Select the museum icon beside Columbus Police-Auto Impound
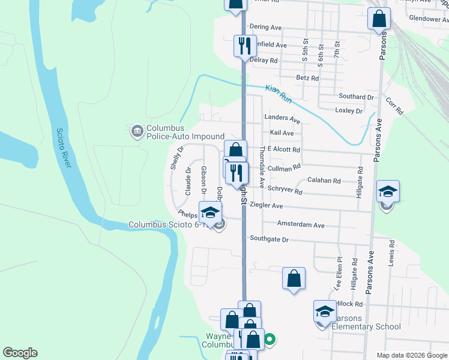click(x=136, y=130)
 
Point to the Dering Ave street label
click(x=265, y=27)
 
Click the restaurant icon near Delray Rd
click(x=244, y=46)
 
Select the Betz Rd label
click(x=307, y=78)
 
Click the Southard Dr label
click(x=356, y=97)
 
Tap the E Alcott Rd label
click(x=283, y=149)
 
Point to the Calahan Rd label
click(x=324, y=180)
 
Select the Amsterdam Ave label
click(x=300, y=225)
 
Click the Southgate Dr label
click(x=270, y=239)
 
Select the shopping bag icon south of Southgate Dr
click(x=294, y=278)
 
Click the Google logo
click(x=20, y=353)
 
